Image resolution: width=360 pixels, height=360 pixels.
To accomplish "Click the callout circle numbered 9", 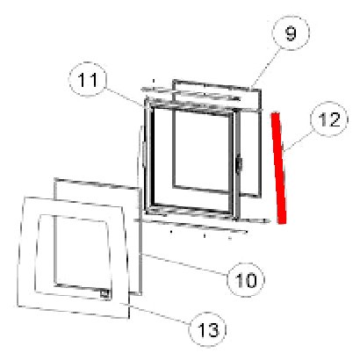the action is pyautogui.click(x=291, y=32).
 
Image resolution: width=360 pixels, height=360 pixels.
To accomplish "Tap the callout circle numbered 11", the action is pyautogui.click(x=88, y=79).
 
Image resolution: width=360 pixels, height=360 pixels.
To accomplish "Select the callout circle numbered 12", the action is pyautogui.click(x=329, y=119).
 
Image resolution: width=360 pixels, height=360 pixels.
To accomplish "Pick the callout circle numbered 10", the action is pyautogui.click(x=246, y=280).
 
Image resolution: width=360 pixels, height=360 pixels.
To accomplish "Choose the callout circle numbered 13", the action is pyautogui.click(x=208, y=329).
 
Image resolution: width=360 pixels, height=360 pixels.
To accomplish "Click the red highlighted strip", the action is pyautogui.click(x=279, y=169).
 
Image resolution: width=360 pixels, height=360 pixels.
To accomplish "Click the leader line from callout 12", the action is pyautogui.click(x=299, y=141).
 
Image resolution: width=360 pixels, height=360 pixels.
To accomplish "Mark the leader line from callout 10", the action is pyautogui.click(x=184, y=264).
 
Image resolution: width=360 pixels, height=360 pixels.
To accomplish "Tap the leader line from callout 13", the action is pyautogui.click(x=158, y=313).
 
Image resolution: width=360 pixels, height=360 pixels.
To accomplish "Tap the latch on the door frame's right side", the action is pyautogui.click(x=240, y=165).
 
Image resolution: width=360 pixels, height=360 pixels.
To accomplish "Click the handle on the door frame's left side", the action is pyautogui.click(x=144, y=154).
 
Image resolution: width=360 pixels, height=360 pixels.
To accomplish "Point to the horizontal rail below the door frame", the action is pyautogui.click(x=202, y=220).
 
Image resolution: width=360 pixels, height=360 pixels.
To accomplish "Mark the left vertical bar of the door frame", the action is pyautogui.click(x=149, y=158).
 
